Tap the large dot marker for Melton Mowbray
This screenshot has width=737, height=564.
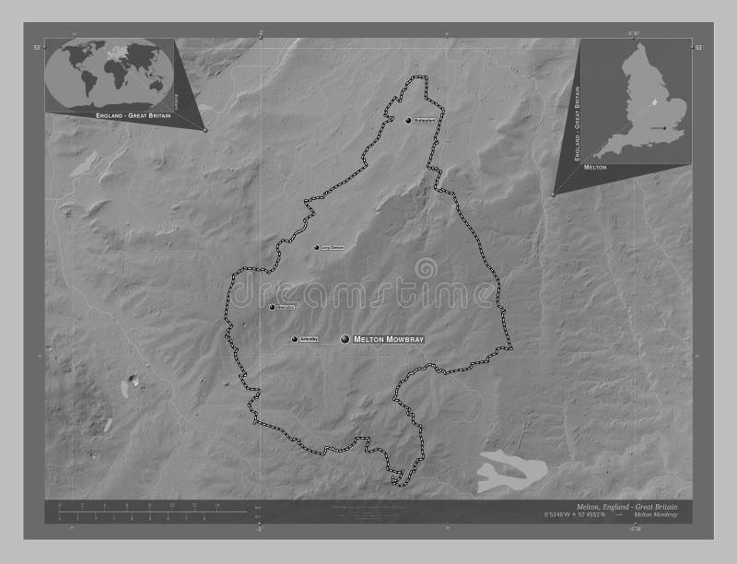346,340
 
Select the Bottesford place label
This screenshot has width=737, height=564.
424,120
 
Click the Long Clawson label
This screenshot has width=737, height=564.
333,247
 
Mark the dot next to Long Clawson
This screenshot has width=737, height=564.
317,247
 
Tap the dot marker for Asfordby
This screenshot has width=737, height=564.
295,340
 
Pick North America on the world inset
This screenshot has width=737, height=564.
74,60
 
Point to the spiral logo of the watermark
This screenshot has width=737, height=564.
427,269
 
